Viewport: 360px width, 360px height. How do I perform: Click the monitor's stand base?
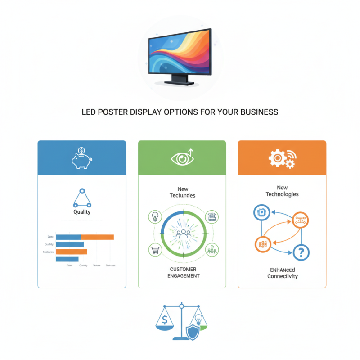tap(179, 83)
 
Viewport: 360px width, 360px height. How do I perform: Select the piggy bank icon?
tap(81, 159)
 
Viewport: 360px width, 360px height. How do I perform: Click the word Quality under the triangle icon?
tap(81, 212)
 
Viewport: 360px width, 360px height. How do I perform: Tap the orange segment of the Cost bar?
tap(97, 237)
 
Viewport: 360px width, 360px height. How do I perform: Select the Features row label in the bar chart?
tap(48, 252)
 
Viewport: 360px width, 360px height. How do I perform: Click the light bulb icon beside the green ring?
tap(154, 216)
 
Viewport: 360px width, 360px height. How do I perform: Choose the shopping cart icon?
tap(154, 250)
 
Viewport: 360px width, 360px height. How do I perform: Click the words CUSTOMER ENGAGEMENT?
tap(183, 272)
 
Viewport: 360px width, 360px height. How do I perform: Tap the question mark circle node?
tap(301, 252)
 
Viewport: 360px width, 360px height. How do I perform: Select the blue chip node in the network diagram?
tap(261, 212)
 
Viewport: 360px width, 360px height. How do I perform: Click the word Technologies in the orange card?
tap(282, 194)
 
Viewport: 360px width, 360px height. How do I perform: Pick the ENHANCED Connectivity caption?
tap(282, 273)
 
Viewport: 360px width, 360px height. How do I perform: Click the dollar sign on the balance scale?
tap(165, 320)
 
